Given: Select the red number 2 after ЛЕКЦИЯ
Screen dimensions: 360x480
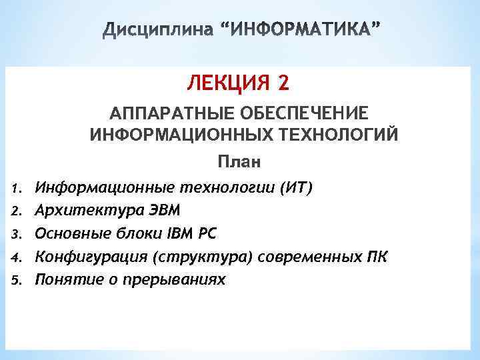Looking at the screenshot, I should [x=284, y=85].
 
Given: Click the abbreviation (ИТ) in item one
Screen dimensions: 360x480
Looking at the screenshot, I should [x=296, y=187].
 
